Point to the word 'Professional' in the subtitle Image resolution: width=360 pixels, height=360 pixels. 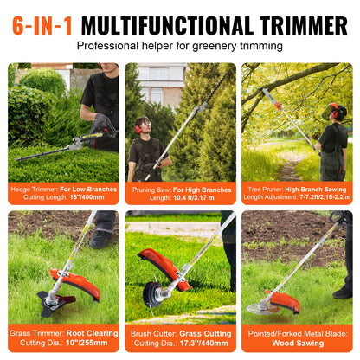112,45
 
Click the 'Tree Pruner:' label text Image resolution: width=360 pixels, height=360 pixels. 267,189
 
